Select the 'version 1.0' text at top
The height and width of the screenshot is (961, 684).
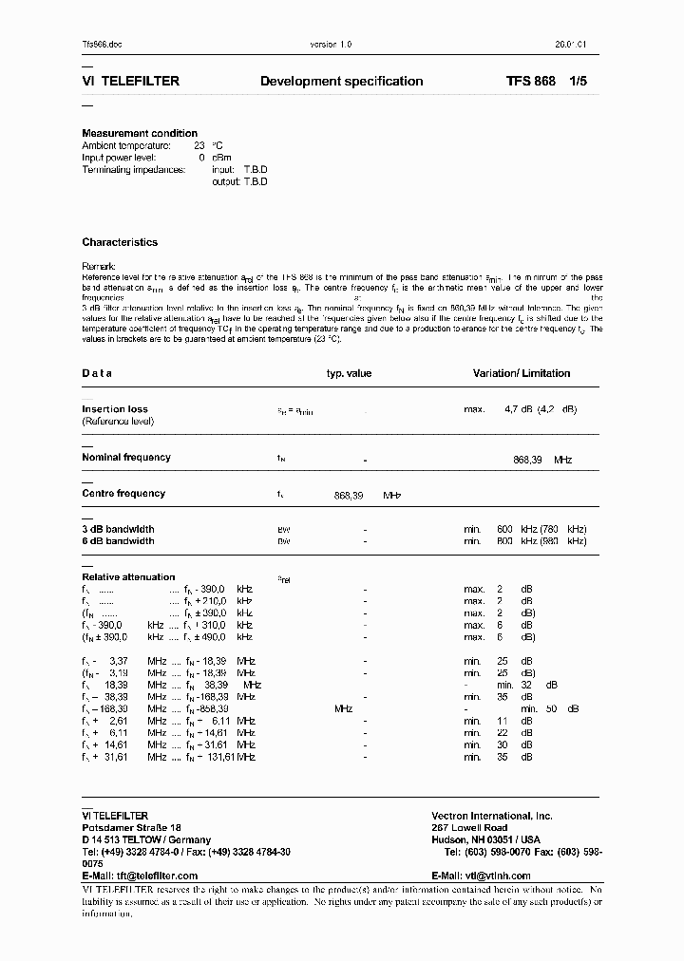(x=332, y=45)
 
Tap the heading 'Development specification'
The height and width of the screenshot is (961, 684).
(x=341, y=82)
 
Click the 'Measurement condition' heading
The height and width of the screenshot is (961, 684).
(x=140, y=133)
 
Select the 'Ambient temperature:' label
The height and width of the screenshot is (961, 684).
(x=126, y=145)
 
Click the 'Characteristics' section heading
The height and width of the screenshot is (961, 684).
(x=120, y=243)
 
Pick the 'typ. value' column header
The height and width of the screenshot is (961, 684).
(x=349, y=374)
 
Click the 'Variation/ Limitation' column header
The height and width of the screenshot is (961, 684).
(x=522, y=374)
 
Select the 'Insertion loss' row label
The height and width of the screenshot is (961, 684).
(x=115, y=409)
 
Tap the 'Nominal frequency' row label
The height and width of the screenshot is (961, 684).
(x=126, y=458)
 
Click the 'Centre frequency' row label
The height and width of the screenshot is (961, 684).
(x=123, y=494)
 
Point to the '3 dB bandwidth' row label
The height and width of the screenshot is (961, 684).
(x=118, y=529)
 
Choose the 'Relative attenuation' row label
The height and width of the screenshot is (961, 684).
(x=128, y=577)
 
